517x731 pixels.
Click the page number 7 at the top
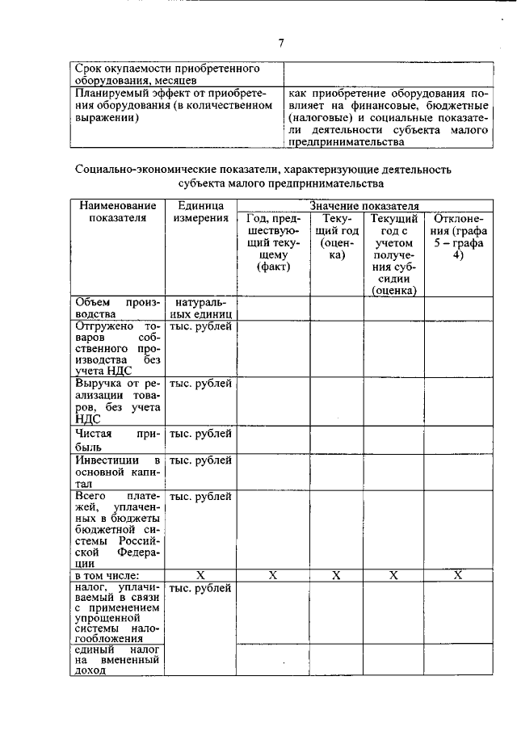coord(281,42)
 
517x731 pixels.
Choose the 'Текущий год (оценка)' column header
coord(337,237)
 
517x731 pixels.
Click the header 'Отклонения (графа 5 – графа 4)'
coord(457,237)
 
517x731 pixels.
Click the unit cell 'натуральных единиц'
coord(201,308)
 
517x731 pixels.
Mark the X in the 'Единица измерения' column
coord(201,575)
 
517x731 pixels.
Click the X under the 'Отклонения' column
coord(457,575)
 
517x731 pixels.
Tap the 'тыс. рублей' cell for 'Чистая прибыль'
coord(201,435)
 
